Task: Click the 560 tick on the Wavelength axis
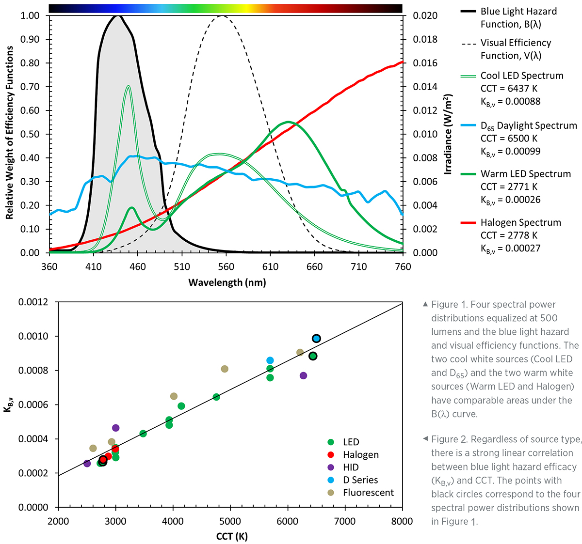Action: (226, 266)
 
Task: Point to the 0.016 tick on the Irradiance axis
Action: (425, 63)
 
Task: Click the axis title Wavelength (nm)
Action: (227, 282)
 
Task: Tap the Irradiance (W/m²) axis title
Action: (448, 134)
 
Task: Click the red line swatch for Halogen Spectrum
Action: (468, 223)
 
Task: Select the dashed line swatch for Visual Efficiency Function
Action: (468, 44)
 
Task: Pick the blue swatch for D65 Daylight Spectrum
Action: (468, 126)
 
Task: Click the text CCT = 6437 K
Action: (509, 89)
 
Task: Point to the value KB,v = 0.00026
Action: (510, 200)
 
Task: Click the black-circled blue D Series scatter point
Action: (316, 339)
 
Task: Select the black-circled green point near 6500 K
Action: (313, 356)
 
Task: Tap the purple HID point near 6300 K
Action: (304, 375)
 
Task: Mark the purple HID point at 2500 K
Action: (87, 464)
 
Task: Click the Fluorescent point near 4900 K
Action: (225, 369)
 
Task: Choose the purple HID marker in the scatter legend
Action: (331, 467)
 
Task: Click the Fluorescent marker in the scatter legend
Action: (331, 493)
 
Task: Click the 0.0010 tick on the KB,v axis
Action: (33, 336)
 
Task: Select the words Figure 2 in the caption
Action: (449, 439)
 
